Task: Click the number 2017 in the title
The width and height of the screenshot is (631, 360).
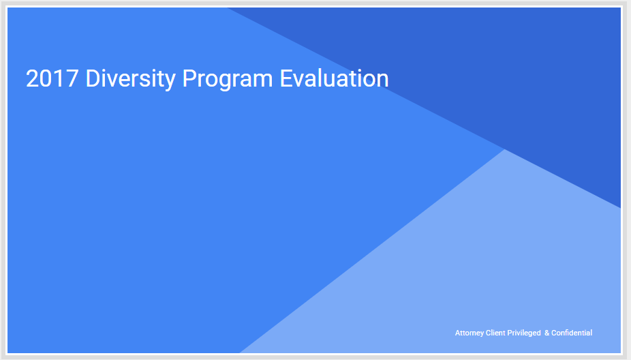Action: pyautogui.click(x=52, y=78)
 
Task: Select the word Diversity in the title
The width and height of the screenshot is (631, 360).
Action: pyautogui.click(x=131, y=79)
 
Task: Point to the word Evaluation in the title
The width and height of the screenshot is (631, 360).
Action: pyautogui.click(x=335, y=78)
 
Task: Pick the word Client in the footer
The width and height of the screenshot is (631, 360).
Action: pyautogui.click(x=495, y=333)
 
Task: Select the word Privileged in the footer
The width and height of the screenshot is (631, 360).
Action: pyautogui.click(x=524, y=333)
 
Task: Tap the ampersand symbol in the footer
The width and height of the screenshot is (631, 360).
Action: pyautogui.click(x=547, y=333)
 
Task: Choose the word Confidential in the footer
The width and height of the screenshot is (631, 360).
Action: pyautogui.click(x=572, y=333)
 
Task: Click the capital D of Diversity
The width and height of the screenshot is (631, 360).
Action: pyautogui.click(x=93, y=78)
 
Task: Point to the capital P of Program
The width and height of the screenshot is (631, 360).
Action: pyautogui.click(x=190, y=78)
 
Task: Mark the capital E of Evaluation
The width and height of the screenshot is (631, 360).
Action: pyautogui.click(x=286, y=78)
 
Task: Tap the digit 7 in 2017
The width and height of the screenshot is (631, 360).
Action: pyautogui.click(x=72, y=78)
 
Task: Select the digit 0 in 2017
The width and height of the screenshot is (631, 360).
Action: pyautogui.click(x=46, y=78)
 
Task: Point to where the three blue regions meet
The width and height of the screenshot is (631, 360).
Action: pyautogui.click(x=504, y=149)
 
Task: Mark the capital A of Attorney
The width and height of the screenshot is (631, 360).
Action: pyautogui.click(x=457, y=333)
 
